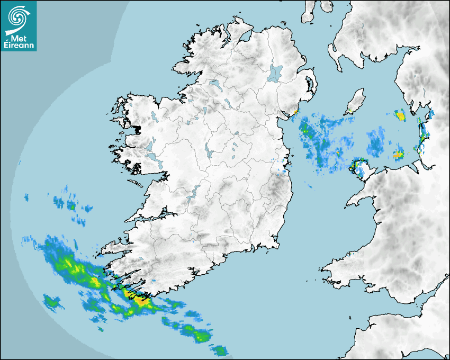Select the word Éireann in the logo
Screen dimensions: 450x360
pos(19,45)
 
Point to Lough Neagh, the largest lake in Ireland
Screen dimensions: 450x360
pos(275,73)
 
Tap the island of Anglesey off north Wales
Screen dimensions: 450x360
pos(362,169)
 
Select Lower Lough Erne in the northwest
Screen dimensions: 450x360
pos(214,84)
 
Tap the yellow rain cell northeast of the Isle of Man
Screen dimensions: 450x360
pos(400,114)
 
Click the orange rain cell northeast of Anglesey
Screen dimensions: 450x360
pos(399,155)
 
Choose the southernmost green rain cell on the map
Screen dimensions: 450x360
pos(219,350)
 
